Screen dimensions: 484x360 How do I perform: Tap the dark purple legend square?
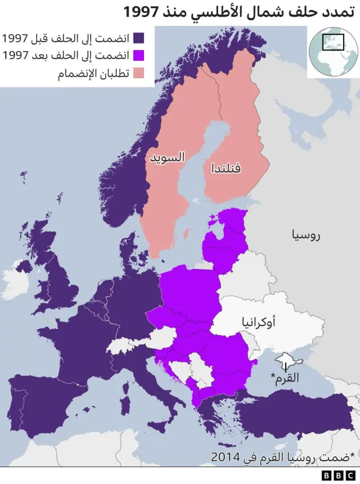point(138,38)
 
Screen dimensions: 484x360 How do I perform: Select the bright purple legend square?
point(138,56)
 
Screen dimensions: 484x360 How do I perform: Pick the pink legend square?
point(138,74)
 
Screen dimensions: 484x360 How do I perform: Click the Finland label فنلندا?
point(226,168)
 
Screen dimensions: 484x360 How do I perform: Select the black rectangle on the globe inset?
point(332,42)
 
